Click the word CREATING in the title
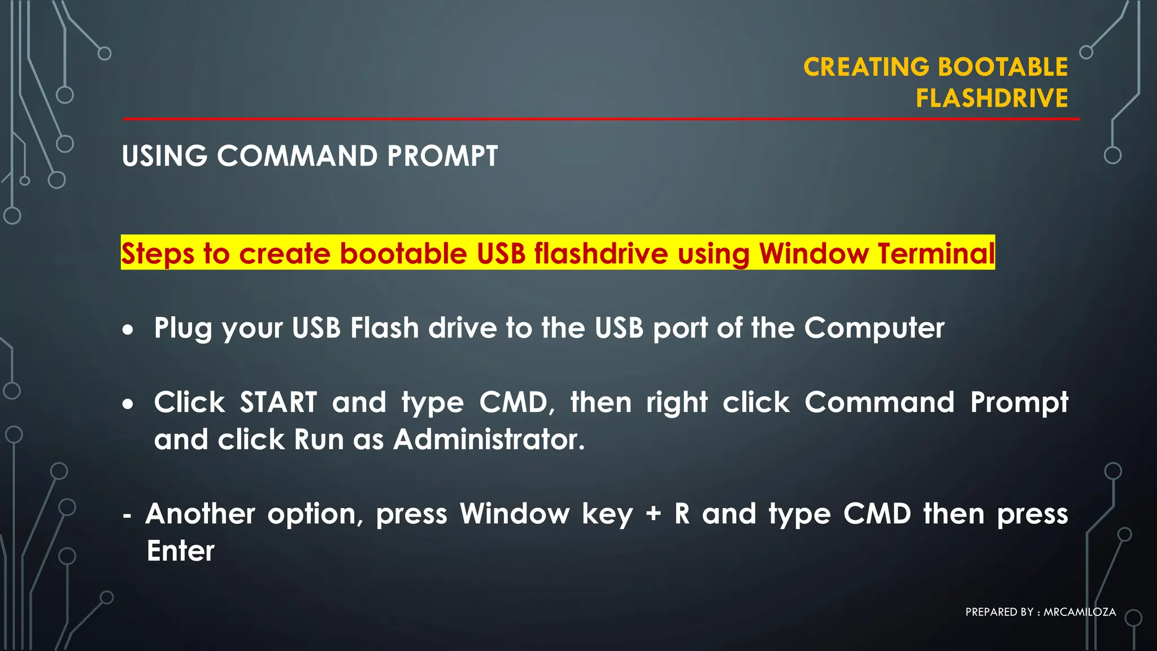tap(866, 67)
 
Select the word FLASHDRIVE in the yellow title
tap(991, 98)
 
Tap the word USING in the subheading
tap(164, 156)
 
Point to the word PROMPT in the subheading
tap(442, 156)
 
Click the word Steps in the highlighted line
tap(158, 254)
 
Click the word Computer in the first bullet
tap(874, 328)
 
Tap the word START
tap(278, 402)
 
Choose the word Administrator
tap(489, 440)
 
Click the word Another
tap(201, 514)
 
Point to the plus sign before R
tap(653, 514)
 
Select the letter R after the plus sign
tap(682, 514)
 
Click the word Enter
tap(181, 551)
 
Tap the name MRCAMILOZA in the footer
tap(1080, 612)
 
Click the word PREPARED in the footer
tap(991, 612)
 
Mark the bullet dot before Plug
tap(128, 329)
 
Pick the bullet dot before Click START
tap(128, 404)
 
